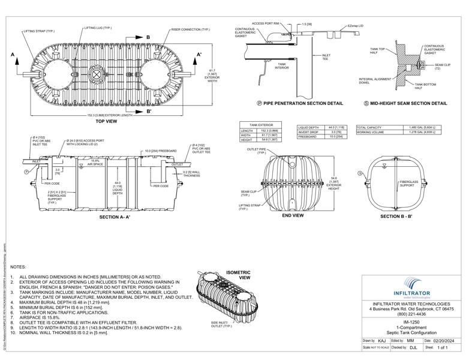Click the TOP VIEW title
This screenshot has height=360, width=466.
click(x=107, y=121)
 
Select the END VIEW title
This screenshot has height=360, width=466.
click(x=293, y=215)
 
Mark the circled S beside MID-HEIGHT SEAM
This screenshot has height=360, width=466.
click(x=366, y=103)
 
